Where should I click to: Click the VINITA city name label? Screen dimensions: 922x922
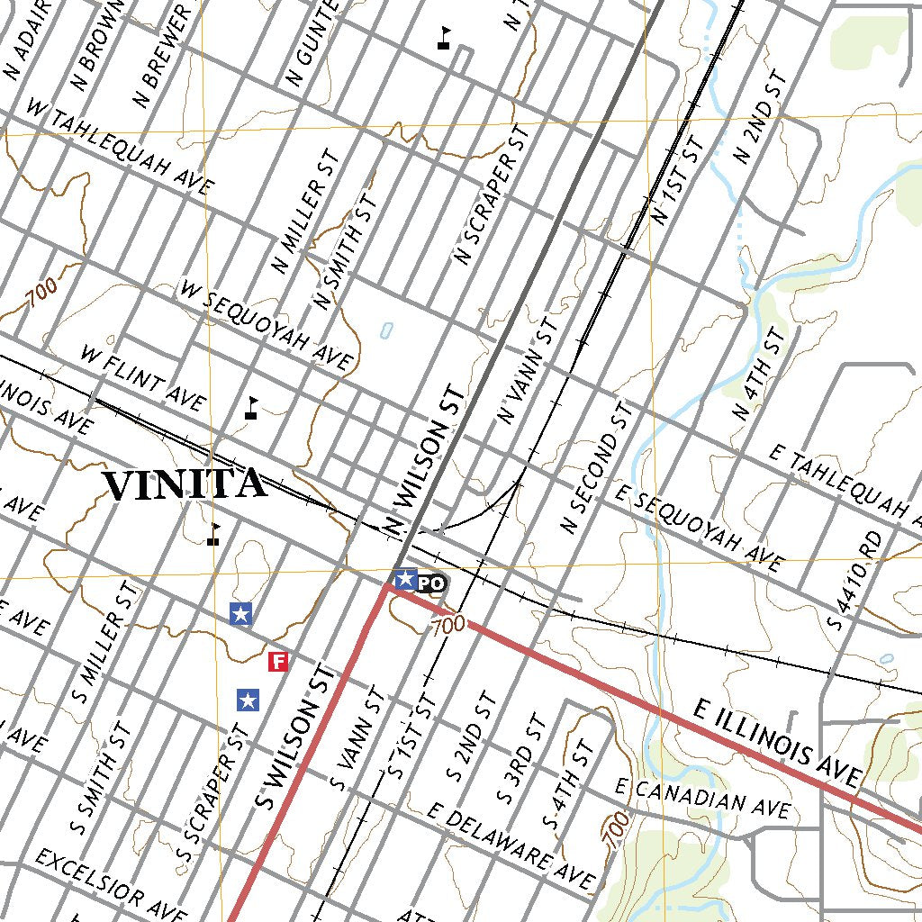pyautogui.click(x=185, y=484)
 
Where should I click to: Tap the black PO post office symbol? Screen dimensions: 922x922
pyautogui.click(x=432, y=583)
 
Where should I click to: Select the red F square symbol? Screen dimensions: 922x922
pyautogui.click(x=279, y=663)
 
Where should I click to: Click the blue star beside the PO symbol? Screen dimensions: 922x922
pyautogui.click(x=405, y=579)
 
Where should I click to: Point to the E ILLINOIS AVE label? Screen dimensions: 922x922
pyautogui.click(x=779, y=743)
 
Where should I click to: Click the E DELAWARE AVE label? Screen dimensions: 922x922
pyautogui.click(x=511, y=845)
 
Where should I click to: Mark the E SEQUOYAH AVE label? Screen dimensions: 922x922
pyautogui.click(x=700, y=528)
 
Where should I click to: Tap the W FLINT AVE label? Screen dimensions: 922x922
pyautogui.click(x=143, y=377)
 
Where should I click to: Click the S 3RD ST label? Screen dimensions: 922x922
pyautogui.click(x=521, y=758)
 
